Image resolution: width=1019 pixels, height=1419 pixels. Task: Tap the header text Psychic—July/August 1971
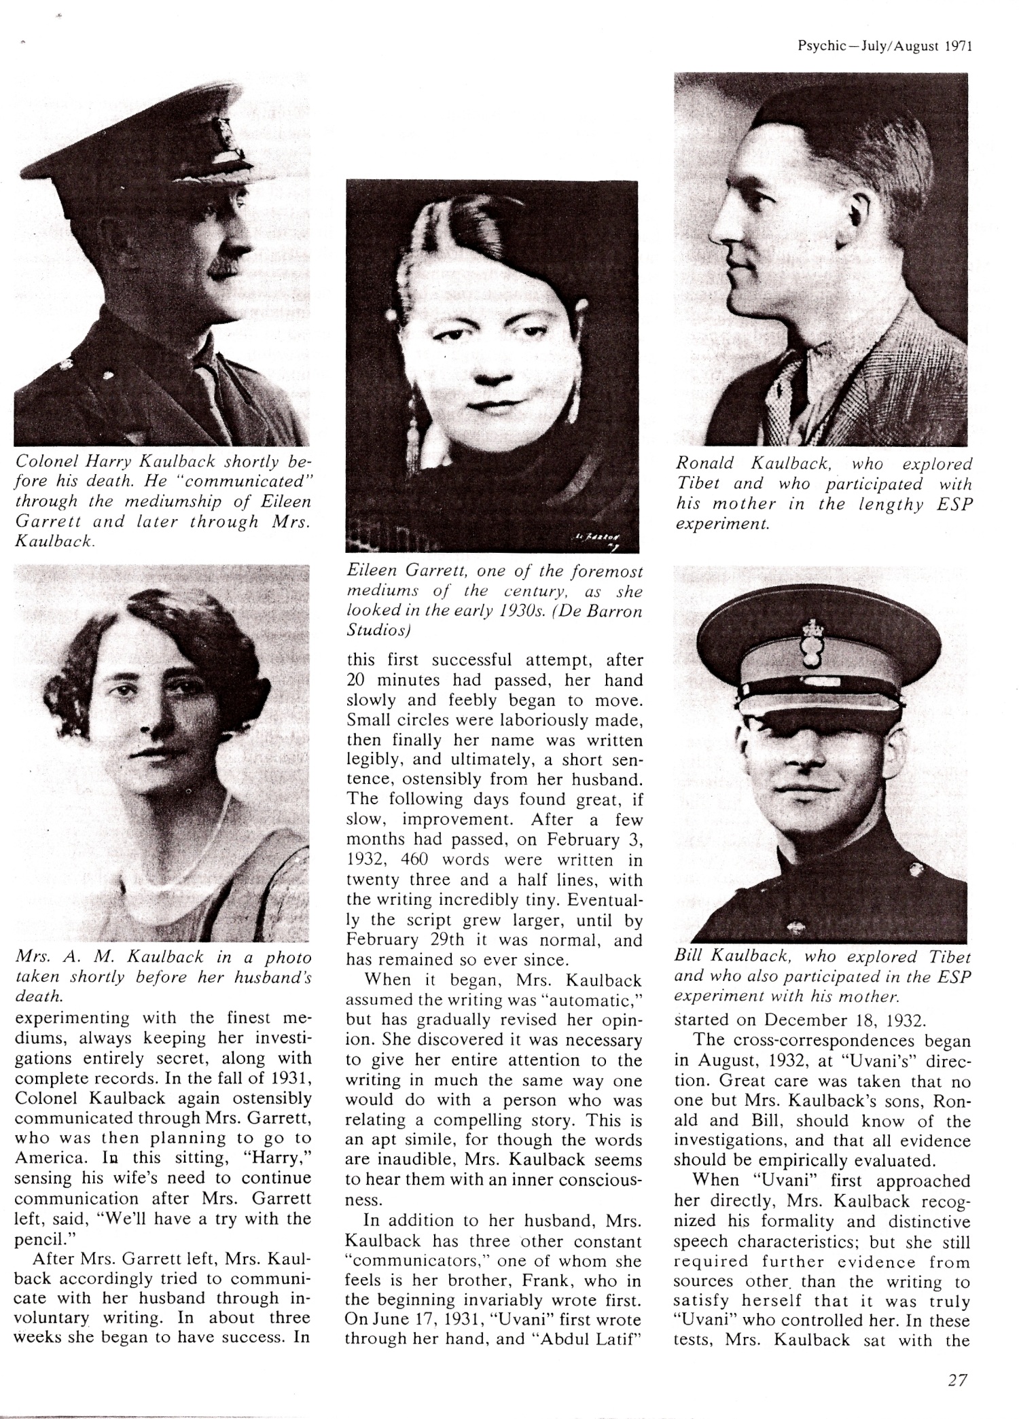pos(885,47)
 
